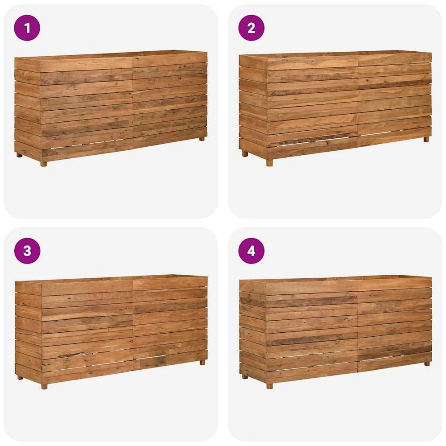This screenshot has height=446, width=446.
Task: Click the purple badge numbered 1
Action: tap(27, 28)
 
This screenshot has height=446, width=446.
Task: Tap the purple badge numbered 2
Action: tap(252, 28)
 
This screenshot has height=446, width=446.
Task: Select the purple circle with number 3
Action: tap(27, 251)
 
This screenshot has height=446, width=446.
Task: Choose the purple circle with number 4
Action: tap(252, 251)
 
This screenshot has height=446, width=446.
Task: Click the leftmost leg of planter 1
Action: tap(19, 155)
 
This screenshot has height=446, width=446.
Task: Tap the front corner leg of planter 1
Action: tap(43, 164)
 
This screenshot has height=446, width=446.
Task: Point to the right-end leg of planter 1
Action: tap(202, 139)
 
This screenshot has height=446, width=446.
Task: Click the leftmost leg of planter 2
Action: tap(245, 153)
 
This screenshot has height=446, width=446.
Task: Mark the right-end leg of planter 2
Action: tap(426, 139)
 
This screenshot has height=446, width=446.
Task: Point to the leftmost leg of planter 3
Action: tap(20, 378)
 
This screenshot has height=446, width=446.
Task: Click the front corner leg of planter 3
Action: tap(44, 387)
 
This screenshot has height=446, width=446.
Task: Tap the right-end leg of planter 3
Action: tap(202, 362)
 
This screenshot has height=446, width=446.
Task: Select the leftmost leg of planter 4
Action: tap(245, 376)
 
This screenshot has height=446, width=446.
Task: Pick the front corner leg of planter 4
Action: tap(269, 386)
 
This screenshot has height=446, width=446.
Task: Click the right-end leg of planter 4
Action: tap(427, 363)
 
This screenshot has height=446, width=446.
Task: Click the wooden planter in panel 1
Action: tap(111, 108)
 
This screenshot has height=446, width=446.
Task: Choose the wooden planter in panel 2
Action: tap(335, 109)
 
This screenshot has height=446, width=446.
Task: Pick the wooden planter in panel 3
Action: tap(111, 332)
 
